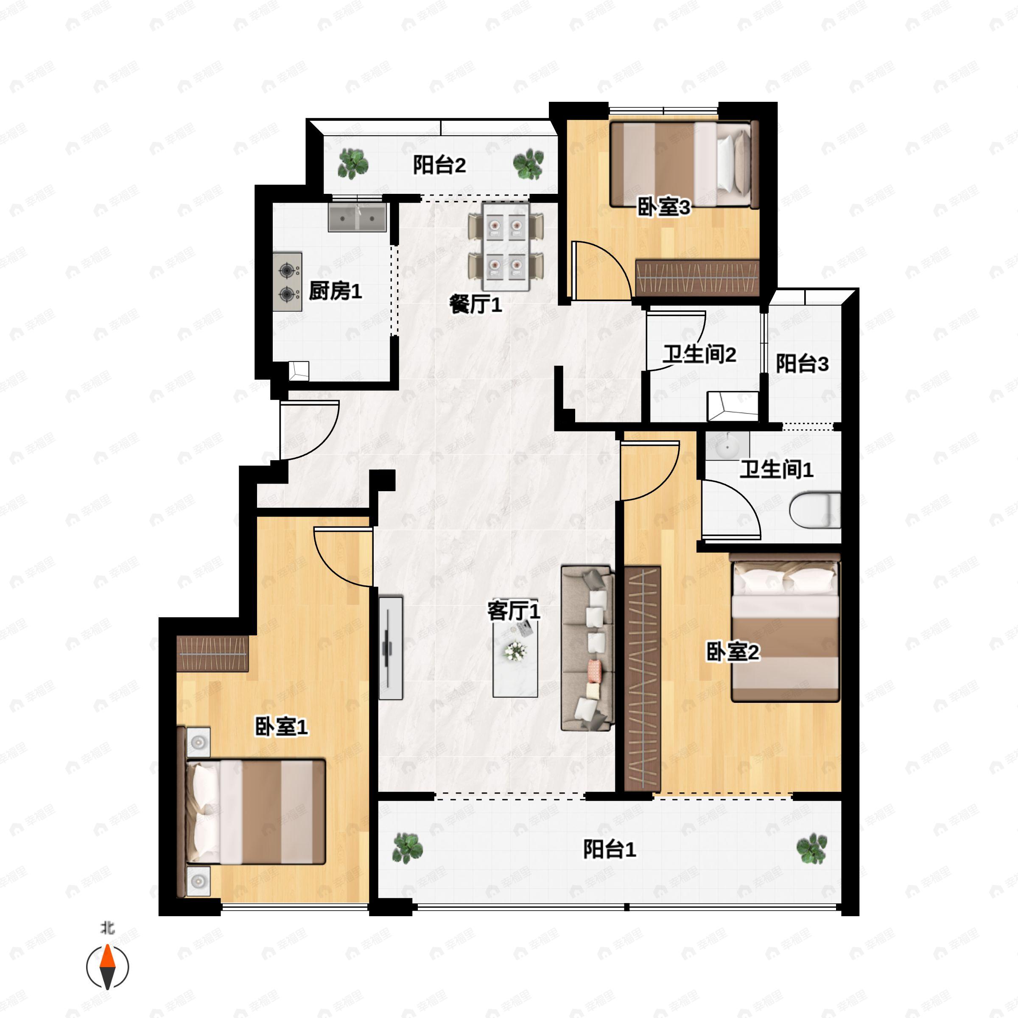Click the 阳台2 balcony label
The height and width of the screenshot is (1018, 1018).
(439, 165)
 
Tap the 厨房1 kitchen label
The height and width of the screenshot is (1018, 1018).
(335, 291)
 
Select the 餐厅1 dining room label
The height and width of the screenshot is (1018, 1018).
(475, 304)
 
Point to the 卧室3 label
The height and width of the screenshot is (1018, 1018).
(663, 207)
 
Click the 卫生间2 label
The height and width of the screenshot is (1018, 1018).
(699, 355)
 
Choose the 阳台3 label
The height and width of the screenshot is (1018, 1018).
(802, 364)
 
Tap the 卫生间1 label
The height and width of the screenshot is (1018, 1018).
(776, 470)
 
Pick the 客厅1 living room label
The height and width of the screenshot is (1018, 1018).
(514, 611)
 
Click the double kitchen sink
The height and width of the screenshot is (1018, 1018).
(357, 217)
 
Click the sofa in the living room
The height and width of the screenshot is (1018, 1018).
(587, 648)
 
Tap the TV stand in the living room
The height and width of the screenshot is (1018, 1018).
(390, 648)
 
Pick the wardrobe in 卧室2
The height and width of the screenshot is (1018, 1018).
(642, 679)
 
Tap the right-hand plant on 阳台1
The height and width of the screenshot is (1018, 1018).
(811, 848)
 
